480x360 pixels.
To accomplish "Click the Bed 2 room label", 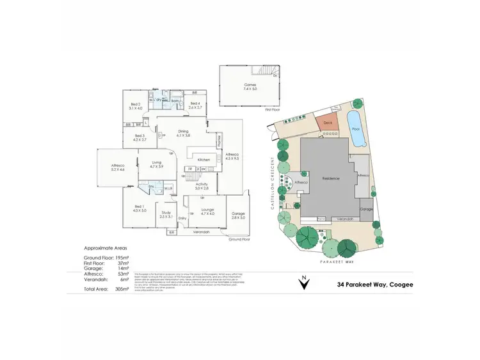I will [135, 106].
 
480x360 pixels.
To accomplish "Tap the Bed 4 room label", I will [195, 106].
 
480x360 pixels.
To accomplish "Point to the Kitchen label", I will [204, 159].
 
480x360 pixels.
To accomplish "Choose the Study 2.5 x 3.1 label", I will [166, 214].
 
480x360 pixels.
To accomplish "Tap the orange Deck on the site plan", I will [328, 125].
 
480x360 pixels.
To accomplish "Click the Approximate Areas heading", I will [105, 247].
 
